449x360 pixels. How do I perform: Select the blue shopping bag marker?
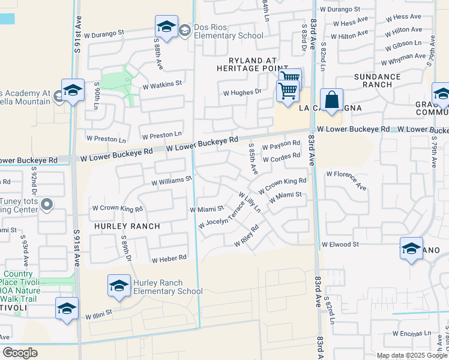click(x=331, y=100)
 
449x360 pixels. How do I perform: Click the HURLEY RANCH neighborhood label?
click(x=127, y=226)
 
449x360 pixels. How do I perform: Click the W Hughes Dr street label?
click(x=243, y=92)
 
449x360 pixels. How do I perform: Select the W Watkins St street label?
click(x=161, y=84)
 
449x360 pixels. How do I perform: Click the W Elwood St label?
click(x=340, y=245)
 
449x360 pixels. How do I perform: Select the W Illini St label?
click(x=98, y=314)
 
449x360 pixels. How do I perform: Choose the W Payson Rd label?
click(x=281, y=145)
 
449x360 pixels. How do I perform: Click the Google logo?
click(x=20, y=352)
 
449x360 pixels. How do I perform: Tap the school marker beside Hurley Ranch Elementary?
click(x=119, y=286)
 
